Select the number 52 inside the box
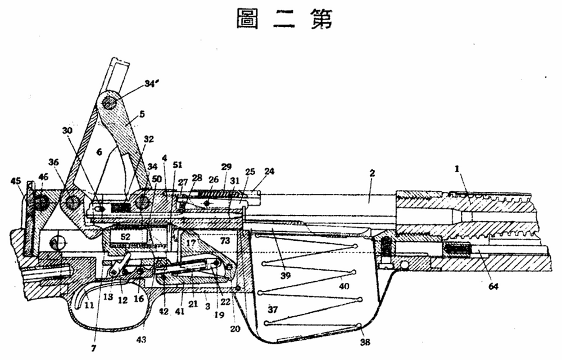[125, 237]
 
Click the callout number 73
[225, 241]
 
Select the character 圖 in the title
[247, 20]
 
